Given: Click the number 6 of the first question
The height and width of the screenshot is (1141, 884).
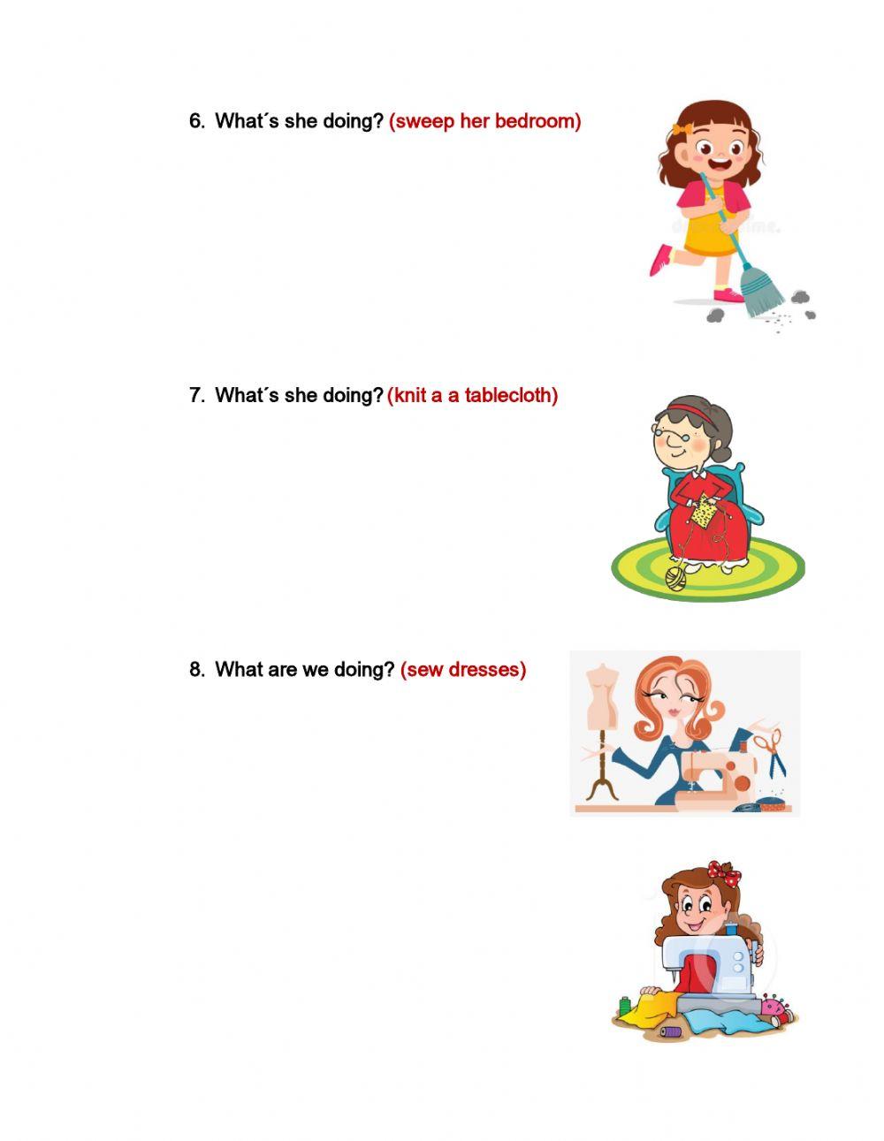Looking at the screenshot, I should click(x=195, y=121).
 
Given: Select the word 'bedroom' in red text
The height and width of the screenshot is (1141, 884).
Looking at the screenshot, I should click(x=538, y=121).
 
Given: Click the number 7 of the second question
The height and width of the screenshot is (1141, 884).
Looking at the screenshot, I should click(x=195, y=395).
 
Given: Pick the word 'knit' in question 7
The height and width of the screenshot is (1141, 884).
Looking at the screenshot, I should click(x=409, y=395).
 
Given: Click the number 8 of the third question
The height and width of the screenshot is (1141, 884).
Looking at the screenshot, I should click(x=195, y=669).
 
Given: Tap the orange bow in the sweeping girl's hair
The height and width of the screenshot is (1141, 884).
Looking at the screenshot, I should click(x=679, y=129).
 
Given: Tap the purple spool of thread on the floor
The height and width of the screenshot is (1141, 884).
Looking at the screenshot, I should click(x=671, y=1031).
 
